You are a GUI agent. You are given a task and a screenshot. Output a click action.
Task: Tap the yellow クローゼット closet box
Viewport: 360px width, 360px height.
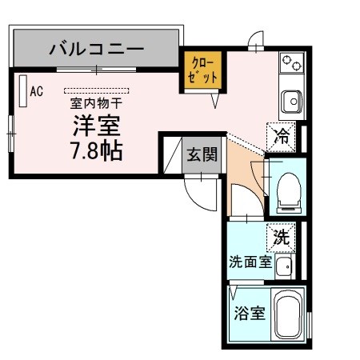(202, 70)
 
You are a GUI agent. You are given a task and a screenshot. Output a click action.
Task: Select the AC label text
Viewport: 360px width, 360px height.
(36, 91)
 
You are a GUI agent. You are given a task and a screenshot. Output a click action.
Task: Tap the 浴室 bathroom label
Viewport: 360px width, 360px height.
(250, 313)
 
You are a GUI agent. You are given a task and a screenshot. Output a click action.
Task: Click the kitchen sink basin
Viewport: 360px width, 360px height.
(290, 101)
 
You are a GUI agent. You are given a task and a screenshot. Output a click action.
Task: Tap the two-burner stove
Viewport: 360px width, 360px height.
(290, 63)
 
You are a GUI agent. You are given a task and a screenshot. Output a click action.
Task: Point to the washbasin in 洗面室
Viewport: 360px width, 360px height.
(285, 265)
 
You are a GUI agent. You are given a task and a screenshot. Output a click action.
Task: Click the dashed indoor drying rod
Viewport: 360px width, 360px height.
(96, 90)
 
